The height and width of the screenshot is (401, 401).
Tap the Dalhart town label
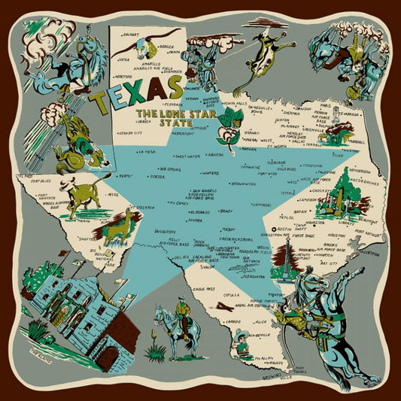point(129,34)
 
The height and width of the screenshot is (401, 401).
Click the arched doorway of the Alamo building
point(110,355)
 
